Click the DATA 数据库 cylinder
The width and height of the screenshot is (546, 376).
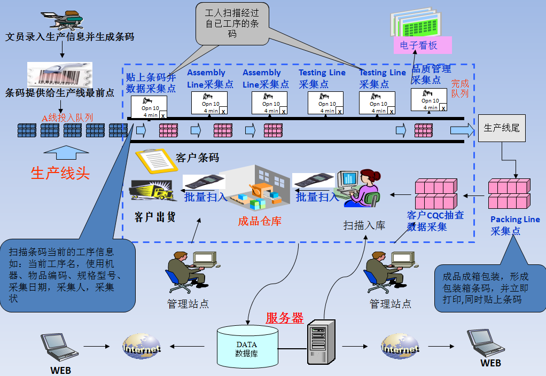coord(247,348)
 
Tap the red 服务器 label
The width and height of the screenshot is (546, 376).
coord(284,318)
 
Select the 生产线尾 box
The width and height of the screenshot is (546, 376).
coord(501,128)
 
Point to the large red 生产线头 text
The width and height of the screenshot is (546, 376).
coord(60,174)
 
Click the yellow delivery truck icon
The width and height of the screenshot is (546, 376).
coord(153,191)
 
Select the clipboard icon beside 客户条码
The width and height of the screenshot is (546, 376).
coord(156,160)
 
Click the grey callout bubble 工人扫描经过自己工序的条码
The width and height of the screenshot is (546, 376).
coord(232,24)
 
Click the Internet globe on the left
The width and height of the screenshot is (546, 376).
coord(141,347)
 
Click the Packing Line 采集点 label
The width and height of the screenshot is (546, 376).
coord(514,225)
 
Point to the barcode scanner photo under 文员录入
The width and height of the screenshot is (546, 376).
coord(60,74)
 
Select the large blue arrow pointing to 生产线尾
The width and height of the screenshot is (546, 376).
coord(462,130)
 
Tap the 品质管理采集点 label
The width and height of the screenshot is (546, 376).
coord(431,74)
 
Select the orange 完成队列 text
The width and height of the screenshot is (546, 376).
coord(459,88)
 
